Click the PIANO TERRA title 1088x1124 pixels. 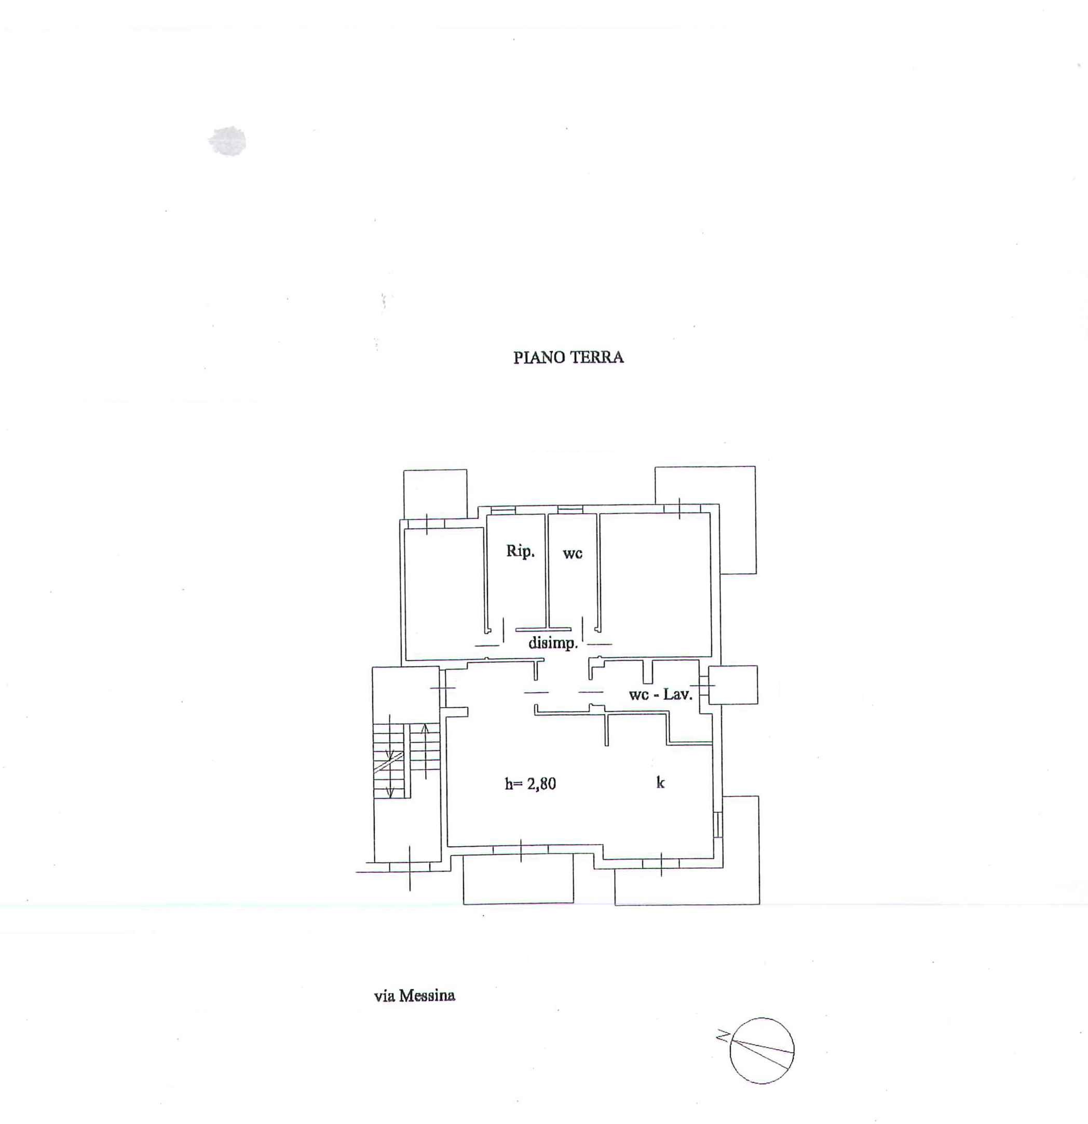click(x=568, y=357)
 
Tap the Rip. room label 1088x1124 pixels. click(x=520, y=552)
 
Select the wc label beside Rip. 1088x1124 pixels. click(x=573, y=553)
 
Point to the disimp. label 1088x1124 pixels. click(x=553, y=643)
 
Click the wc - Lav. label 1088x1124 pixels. click(x=661, y=694)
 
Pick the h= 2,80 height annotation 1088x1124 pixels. click(x=530, y=784)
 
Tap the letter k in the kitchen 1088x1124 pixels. click(x=660, y=782)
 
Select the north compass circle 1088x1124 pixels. click(x=762, y=1051)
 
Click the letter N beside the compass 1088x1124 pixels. click(x=723, y=1036)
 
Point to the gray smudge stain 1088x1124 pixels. click(x=228, y=141)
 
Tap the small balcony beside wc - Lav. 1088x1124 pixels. click(x=733, y=684)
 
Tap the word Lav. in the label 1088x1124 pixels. click(x=678, y=694)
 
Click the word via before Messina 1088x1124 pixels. click(x=384, y=996)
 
